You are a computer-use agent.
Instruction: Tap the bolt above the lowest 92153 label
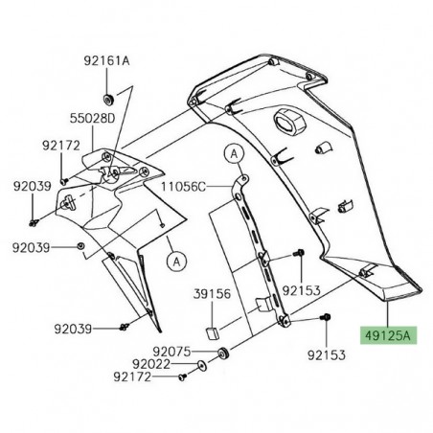coord(327,342)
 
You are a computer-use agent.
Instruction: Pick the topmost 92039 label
coord(33,186)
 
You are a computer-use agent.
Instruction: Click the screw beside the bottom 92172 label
coord(182,379)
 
